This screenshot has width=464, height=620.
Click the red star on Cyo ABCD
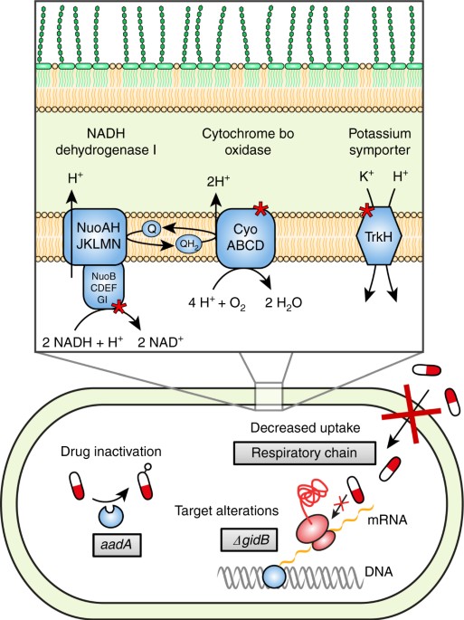pyautogui.click(x=263, y=210)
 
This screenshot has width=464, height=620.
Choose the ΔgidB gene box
pyautogui.click(x=246, y=541)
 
